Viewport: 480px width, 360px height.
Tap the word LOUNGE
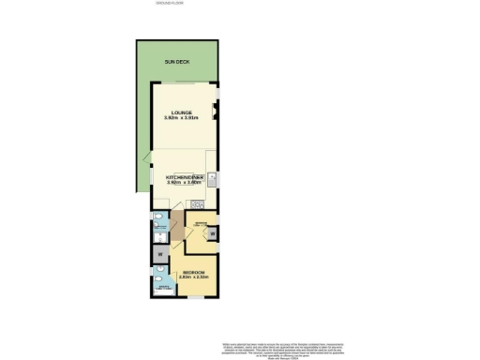[x=181, y=112]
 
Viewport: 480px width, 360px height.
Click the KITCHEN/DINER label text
[x=184, y=176]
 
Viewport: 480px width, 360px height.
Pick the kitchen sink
[x=214, y=177]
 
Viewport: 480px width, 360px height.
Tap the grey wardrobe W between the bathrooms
[x=159, y=252]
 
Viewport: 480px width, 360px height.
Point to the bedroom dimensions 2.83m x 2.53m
[x=194, y=277]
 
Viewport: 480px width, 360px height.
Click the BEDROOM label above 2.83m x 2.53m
[x=194, y=272]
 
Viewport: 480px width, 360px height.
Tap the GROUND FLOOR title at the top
[x=170, y=4]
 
